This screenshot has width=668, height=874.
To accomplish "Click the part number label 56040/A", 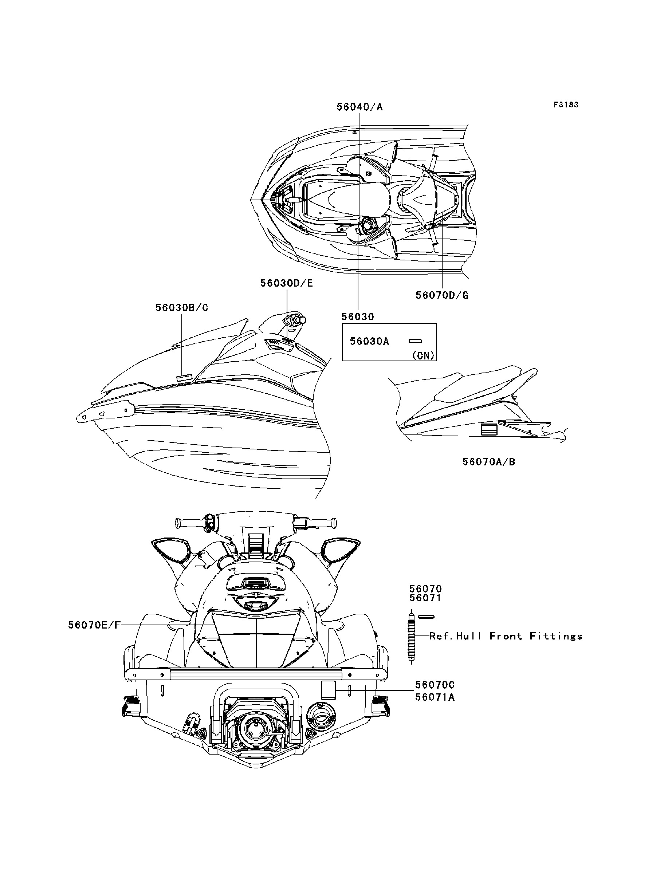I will pyautogui.click(x=359, y=107).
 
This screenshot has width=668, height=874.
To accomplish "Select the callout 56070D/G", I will pyautogui.click(x=442, y=295).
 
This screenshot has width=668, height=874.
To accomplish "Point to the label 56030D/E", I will pyautogui.click(x=287, y=283).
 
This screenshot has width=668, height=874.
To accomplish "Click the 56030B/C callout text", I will pyautogui.click(x=182, y=307).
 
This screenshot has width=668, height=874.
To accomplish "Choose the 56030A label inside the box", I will pyautogui.click(x=369, y=341).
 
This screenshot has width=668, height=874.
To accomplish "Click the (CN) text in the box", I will pyautogui.click(x=423, y=355).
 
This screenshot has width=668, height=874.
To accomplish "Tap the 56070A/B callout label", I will pyautogui.click(x=489, y=462).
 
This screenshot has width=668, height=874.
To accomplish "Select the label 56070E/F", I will pyautogui.click(x=94, y=625).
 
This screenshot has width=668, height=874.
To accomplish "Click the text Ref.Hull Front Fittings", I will pyautogui.click(x=506, y=636).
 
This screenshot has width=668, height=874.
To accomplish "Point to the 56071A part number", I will pyautogui.click(x=435, y=697).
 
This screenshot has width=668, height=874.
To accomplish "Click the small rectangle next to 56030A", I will pyautogui.click(x=415, y=341).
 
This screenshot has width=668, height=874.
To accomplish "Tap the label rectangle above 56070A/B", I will pyautogui.click(x=489, y=430).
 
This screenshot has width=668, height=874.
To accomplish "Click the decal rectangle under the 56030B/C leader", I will pyautogui.click(x=184, y=377).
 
